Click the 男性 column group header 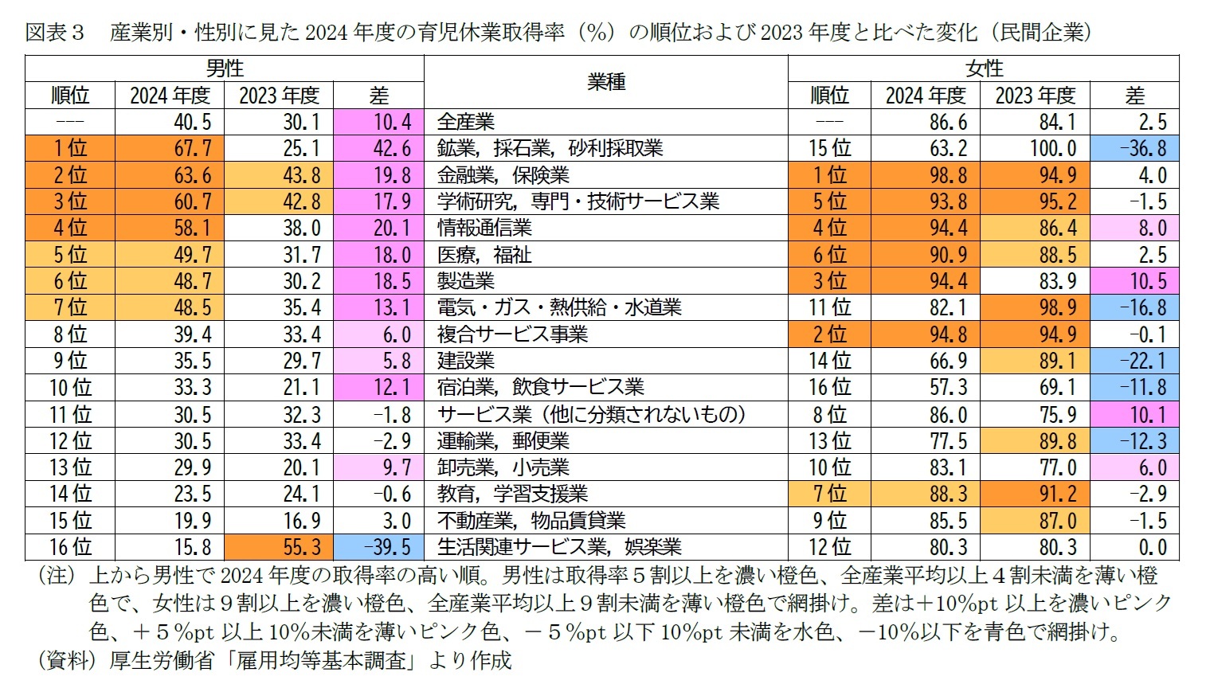224,68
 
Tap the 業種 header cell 606,81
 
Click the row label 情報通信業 484,229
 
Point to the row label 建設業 466,361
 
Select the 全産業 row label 466,122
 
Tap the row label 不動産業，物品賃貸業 531,521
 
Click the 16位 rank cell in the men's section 70,547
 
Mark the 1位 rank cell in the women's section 829,175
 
